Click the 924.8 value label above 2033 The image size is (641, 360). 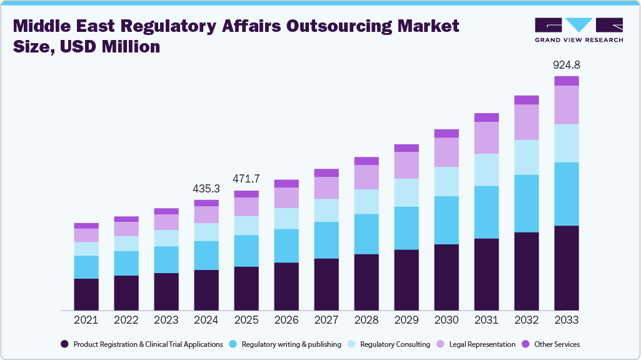pyautogui.click(x=567, y=65)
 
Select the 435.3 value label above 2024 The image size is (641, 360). pyautogui.click(x=206, y=188)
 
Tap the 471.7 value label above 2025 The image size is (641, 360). pyautogui.click(x=246, y=179)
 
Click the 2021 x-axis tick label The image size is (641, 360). pyautogui.click(x=86, y=320)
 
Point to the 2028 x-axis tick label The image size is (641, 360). pyautogui.click(x=366, y=320)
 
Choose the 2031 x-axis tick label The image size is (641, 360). pyautogui.click(x=487, y=320)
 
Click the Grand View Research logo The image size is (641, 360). pyautogui.click(x=578, y=30)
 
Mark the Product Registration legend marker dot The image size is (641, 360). pyautogui.click(x=64, y=344)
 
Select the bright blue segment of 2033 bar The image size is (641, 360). pyautogui.click(x=567, y=194)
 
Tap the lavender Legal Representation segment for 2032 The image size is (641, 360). pyautogui.click(x=527, y=122)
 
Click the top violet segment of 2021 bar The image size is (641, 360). pyautogui.click(x=86, y=226)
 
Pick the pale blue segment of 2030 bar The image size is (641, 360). pyautogui.click(x=447, y=181)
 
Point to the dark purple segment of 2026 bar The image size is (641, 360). pyautogui.click(x=286, y=286)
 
